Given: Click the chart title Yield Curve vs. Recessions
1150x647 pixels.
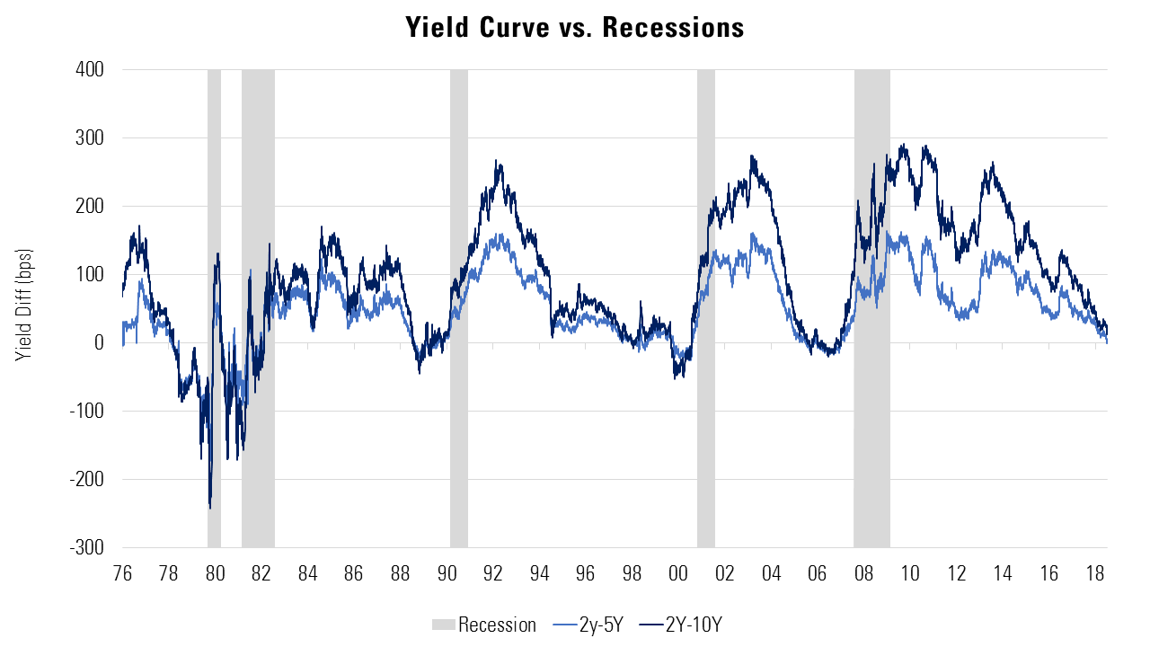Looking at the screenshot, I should pos(575,28).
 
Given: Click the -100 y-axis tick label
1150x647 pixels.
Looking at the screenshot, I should pos(89,412).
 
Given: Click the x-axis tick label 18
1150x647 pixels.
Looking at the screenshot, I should pos(1094,573).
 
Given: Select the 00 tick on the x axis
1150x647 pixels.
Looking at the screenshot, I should pos(678,573).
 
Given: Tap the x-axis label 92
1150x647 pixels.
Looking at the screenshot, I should pos(492,573).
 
